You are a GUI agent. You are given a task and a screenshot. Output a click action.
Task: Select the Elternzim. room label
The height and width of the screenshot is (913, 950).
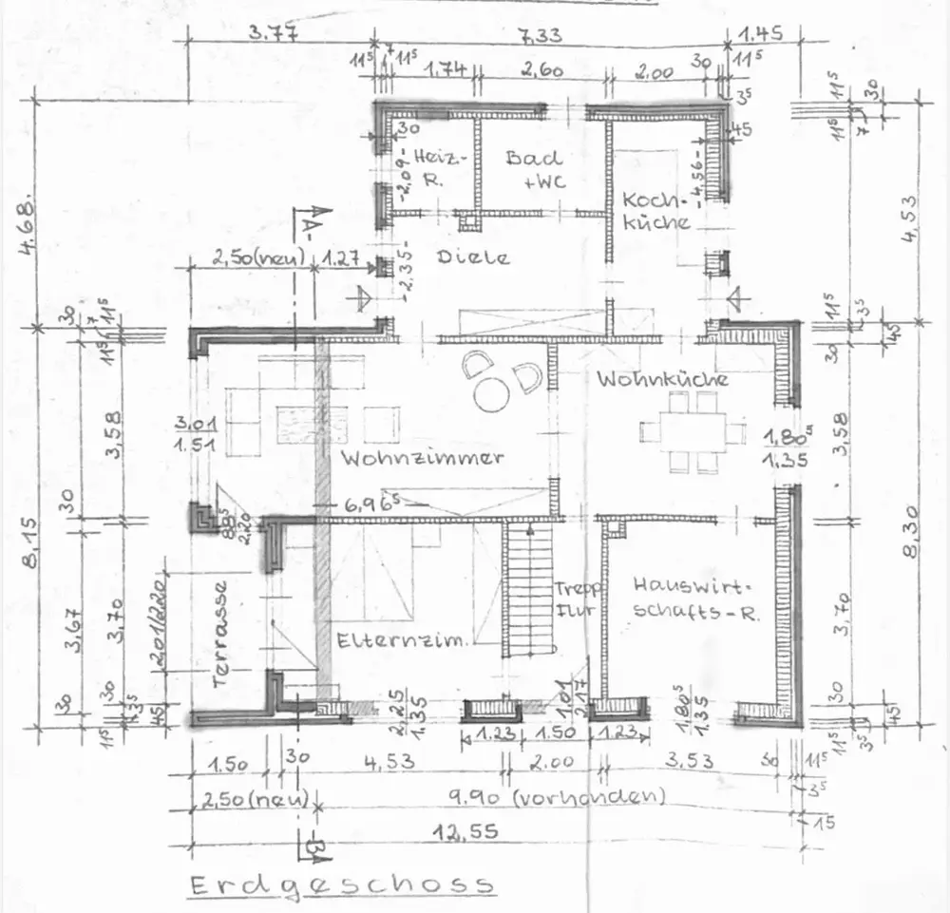click(402, 641)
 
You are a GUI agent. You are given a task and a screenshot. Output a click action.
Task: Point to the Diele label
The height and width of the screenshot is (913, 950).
click(473, 257)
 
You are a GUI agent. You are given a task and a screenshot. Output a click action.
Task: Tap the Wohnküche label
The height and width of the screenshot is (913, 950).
click(663, 379)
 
